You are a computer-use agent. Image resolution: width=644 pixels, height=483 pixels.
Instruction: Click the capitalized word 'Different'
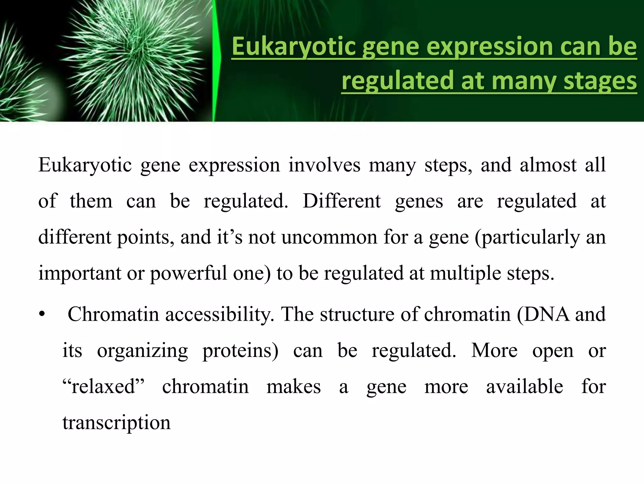coord(341,201)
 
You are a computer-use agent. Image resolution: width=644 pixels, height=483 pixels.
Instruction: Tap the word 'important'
coord(80,273)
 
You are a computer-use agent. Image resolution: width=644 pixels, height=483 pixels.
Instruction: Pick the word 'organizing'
coord(142,351)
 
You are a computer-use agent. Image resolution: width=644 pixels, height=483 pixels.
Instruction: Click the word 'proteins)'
coord(240,351)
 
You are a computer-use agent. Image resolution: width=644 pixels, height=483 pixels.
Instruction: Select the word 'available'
coord(525,386)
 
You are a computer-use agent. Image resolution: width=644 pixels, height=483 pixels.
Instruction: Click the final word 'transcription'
coord(116,423)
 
